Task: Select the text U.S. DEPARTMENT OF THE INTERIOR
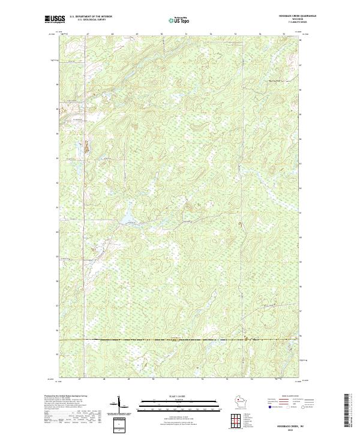coord(91,16)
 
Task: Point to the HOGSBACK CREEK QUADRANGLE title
coord(296,16)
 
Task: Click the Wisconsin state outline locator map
coord(239,401)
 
